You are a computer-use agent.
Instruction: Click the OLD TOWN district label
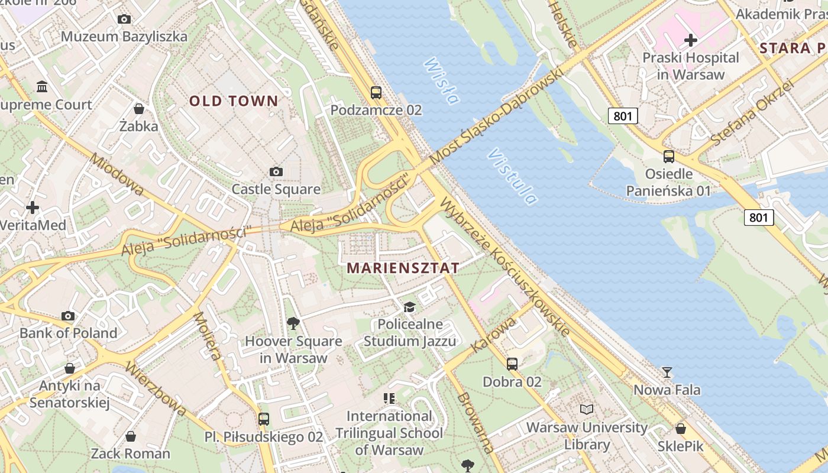[234, 101]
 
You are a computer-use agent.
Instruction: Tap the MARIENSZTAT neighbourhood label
[403, 268]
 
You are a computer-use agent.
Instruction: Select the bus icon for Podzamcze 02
[376, 93]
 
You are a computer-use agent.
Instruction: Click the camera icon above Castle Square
[276, 172]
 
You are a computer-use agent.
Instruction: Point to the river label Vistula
[512, 176]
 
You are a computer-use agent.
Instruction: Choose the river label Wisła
[441, 81]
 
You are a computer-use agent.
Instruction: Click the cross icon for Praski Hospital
[691, 40]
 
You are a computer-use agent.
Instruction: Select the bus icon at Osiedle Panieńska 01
[669, 157]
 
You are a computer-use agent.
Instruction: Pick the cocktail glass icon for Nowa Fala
[667, 372]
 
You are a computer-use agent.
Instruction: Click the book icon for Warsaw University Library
[587, 409]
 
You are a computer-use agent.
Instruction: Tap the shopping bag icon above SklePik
[681, 429]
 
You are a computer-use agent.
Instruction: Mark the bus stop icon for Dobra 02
[512, 364]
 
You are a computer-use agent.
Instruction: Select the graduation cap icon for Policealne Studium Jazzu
[409, 307]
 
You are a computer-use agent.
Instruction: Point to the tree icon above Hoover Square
[293, 323]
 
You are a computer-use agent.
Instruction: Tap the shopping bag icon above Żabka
[139, 109]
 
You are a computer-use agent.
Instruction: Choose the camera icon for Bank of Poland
[69, 316]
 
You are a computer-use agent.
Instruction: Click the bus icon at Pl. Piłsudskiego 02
[264, 419]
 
